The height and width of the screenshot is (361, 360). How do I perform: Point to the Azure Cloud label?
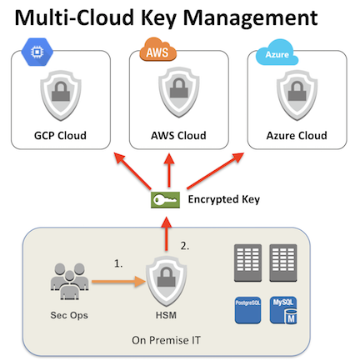297,136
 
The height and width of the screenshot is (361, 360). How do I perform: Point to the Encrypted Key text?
224,200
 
